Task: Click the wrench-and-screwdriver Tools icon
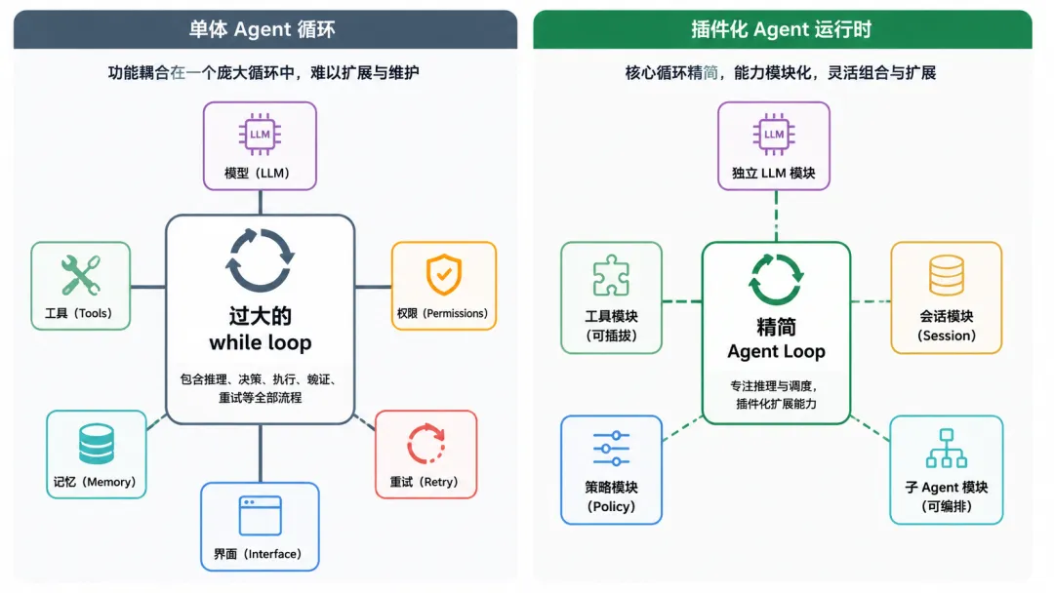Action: pos(81,275)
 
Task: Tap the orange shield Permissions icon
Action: pos(444,274)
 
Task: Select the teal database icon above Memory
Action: pos(96,444)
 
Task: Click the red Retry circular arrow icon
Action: pos(426,444)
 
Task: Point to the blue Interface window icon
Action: pos(261,515)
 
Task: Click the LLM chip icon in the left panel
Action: pos(260,135)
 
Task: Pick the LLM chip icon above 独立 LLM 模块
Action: pos(774,135)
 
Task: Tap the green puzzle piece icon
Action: pos(611,275)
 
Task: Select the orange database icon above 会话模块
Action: pos(947,275)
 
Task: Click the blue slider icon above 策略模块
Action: pos(611,449)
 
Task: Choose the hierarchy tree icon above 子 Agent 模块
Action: pos(947,448)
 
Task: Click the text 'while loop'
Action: pos(261,342)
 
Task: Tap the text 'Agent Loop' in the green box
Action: pos(777,351)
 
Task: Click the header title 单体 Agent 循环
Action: pos(263,29)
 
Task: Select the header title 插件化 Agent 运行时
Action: pos(781,29)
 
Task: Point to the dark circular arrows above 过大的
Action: pos(260,259)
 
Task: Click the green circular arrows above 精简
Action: pos(776,279)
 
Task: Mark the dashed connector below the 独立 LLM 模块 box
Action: pos(777,217)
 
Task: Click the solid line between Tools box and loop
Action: pos(148,287)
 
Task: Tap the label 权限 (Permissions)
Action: pos(442,314)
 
